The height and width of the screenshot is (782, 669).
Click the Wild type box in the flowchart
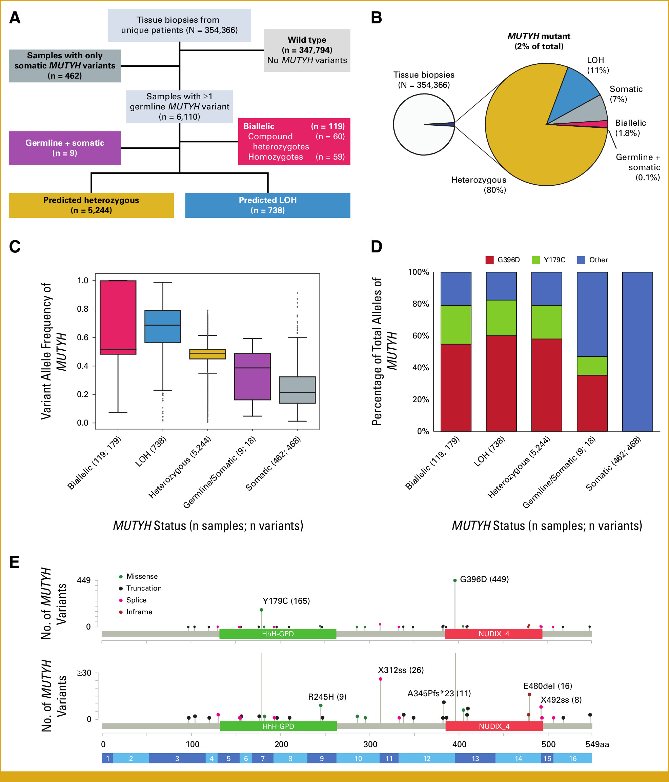307,50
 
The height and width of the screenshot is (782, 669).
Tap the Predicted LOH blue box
267,205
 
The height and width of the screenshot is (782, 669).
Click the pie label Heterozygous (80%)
479,185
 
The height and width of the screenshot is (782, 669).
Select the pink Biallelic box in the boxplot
118,317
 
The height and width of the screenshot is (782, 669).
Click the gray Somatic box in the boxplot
297,390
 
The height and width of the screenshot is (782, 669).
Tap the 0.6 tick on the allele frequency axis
83,337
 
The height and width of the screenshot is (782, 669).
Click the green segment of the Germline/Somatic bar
592,366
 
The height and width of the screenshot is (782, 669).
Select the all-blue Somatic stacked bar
637,351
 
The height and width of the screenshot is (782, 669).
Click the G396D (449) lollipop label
484,579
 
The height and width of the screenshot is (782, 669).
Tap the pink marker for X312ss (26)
380,679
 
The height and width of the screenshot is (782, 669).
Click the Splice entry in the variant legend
136,600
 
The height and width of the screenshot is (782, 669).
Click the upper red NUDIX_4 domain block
493,634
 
